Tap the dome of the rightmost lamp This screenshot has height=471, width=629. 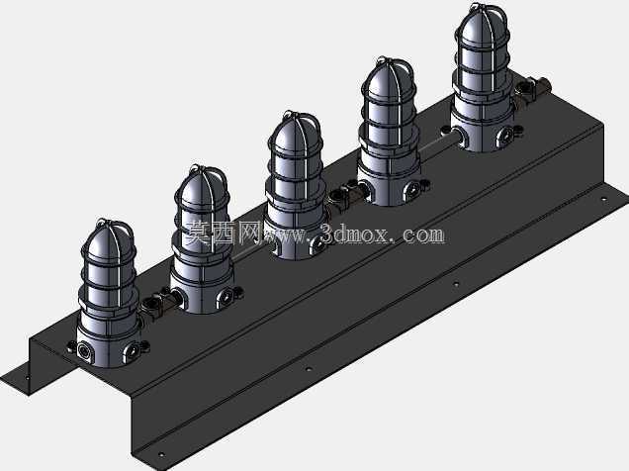point(484,28)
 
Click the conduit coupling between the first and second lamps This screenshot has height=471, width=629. point(157,302)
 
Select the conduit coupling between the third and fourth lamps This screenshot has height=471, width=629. point(346,193)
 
